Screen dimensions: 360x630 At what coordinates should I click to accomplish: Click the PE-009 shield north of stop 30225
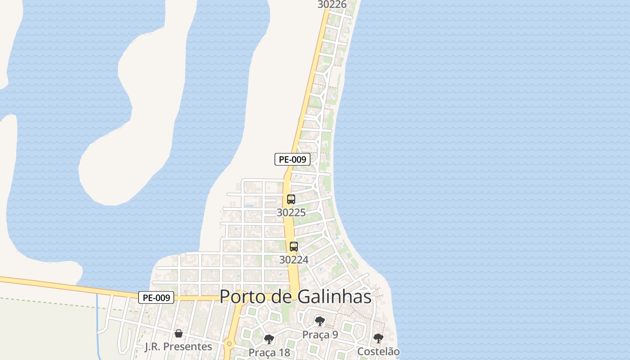pyautogui.click(x=292, y=159)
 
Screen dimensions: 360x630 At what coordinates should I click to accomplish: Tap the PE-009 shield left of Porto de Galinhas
pyautogui.click(x=156, y=297)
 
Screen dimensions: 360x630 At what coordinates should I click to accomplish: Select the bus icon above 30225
pyautogui.click(x=291, y=199)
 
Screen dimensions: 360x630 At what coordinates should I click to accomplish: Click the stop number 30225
pyautogui.click(x=291, y=212)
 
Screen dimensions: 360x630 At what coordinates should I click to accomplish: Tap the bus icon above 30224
pyautogui.click(x=294, y=247)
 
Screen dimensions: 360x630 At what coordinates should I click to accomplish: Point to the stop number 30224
pyautogui.click(x=294, y=260)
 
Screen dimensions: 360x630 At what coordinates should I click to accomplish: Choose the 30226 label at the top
pyautogui.click(x=332, y=4)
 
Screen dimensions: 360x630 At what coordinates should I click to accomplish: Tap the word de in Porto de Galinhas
pyautogui.click(x=282, y=297)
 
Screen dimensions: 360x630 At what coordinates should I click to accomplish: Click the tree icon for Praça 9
pyautogui.click(x=320, y=321)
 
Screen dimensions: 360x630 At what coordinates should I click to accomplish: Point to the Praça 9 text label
pyautogui.click(x=320, y=335)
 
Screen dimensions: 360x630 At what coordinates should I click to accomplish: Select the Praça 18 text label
pyautogui.click(x=270, y=352)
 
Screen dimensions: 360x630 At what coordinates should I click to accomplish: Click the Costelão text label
pyautogui.click(x=378, y=351)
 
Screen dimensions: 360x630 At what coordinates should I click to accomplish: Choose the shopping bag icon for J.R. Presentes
pyautogui.click(x=179, y=333)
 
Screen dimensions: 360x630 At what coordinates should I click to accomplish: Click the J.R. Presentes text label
pyautogui.click(x=178, y=346)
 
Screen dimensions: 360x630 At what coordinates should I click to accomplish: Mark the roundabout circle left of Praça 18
pyautogui.click(x=229, y=344)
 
